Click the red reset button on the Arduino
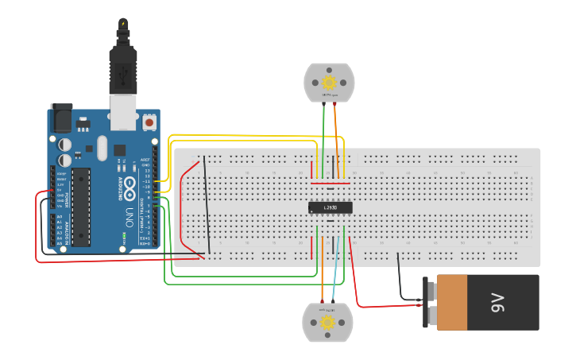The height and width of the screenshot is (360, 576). [x=149, y=123]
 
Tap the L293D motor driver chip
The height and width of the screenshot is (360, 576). [x=330, y=207]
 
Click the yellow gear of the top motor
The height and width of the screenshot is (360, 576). [x=329, y=81]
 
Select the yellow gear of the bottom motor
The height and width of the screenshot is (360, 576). [x=327, y=322]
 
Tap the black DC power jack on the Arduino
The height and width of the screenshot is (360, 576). [x=61, y=118]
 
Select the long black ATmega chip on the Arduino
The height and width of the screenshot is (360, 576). [x=80, y=206]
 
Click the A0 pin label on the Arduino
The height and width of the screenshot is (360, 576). [x=60, y=217]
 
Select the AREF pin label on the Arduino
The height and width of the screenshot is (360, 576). [x=145, y=160]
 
